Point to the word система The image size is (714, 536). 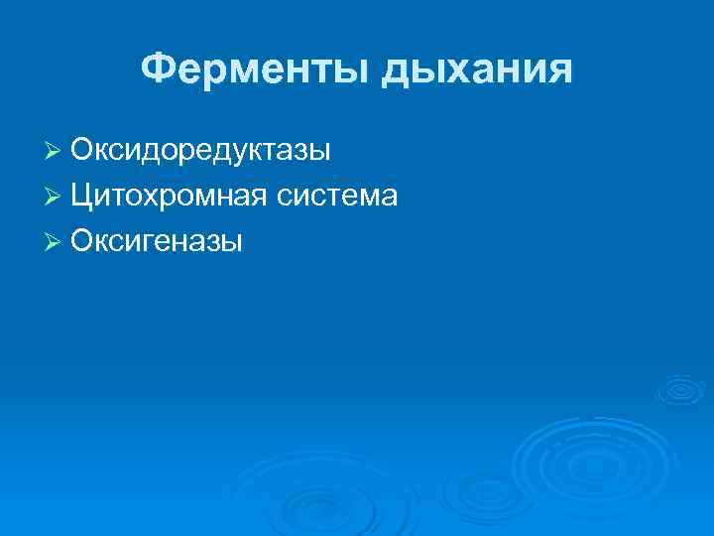[337, 197]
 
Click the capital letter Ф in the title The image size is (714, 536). [157, 68]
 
